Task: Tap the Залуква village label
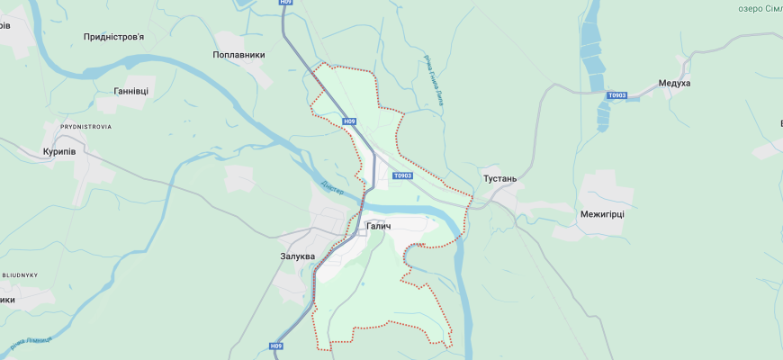[x=298, y=256]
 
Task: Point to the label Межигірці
[x=602, y=214]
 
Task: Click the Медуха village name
[x=674, y=83]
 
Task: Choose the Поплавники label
[x=238, y=55]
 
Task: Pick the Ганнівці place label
[x=131, y=91]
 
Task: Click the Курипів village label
[x=65, y=151]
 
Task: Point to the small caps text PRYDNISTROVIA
[x=85, y=127]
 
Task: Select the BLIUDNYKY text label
[x=18, y=274]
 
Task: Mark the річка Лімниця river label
[x=31, y=343]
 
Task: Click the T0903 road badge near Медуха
[x=616, y=95]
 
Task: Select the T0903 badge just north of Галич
[x=402, y=175]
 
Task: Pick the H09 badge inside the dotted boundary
[x=349, y=121]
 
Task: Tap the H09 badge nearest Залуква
[x=276, y=346]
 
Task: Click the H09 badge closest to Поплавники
[x=286, y=3]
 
